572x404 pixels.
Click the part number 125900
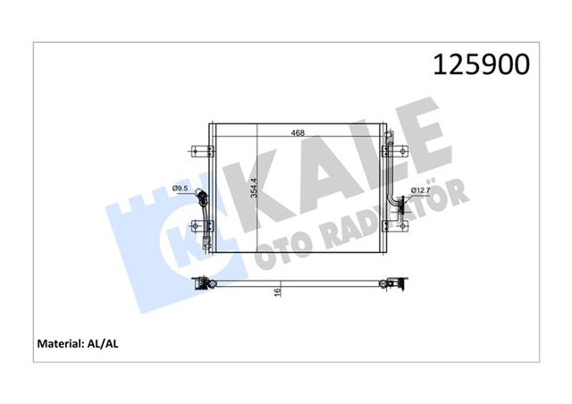coord(481,63)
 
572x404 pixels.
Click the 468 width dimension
coord(298,133)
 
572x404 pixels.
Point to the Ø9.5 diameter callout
coord(178,189)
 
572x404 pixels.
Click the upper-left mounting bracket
coord(198,148)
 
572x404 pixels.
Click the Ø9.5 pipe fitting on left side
coord(204,198)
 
